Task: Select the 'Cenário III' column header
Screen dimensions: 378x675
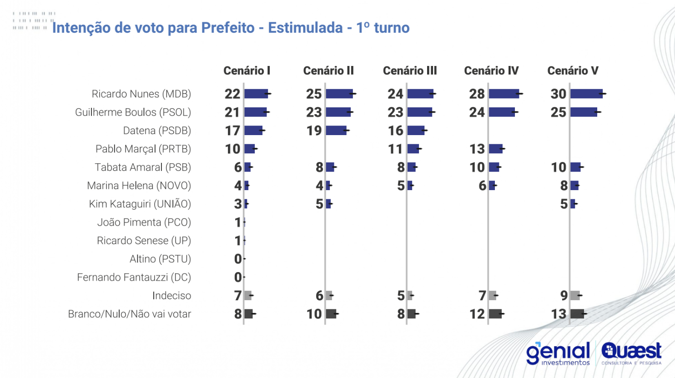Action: pos(409,71)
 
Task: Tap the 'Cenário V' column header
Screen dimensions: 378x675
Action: pos(572,71)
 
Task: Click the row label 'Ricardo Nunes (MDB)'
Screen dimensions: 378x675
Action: pos(141,94)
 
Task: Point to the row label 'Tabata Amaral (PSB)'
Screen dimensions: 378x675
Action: pos(142,167)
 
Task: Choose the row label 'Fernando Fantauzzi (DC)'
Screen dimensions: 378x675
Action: pos(134,277)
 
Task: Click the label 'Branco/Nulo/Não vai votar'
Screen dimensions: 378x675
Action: pos(129,314)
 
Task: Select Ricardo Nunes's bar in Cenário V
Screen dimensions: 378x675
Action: pos(586,94)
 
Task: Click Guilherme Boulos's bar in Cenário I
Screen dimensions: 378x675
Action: pos(255,112)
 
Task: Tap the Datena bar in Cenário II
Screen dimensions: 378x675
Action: pos(336,131)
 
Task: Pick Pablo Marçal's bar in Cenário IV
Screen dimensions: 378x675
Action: pos(495,149)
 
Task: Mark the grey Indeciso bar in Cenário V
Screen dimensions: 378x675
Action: pos(575,296)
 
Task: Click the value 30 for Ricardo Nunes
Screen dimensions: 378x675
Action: pos(558,94)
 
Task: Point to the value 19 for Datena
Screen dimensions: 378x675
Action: pos(314,131)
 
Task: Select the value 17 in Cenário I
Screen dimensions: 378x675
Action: pos(232,131)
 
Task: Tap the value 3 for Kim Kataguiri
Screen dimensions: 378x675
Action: pos(238,204)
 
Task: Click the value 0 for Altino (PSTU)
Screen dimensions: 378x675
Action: pos(238,259)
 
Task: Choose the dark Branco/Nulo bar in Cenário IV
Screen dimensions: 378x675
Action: pos(495,314)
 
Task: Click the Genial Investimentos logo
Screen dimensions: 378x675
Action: pos(558,354)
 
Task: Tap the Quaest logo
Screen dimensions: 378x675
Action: pos(631,353)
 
